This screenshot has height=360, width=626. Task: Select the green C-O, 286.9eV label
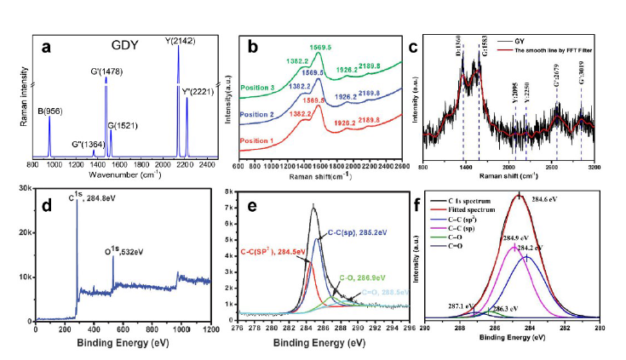(368, 277)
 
